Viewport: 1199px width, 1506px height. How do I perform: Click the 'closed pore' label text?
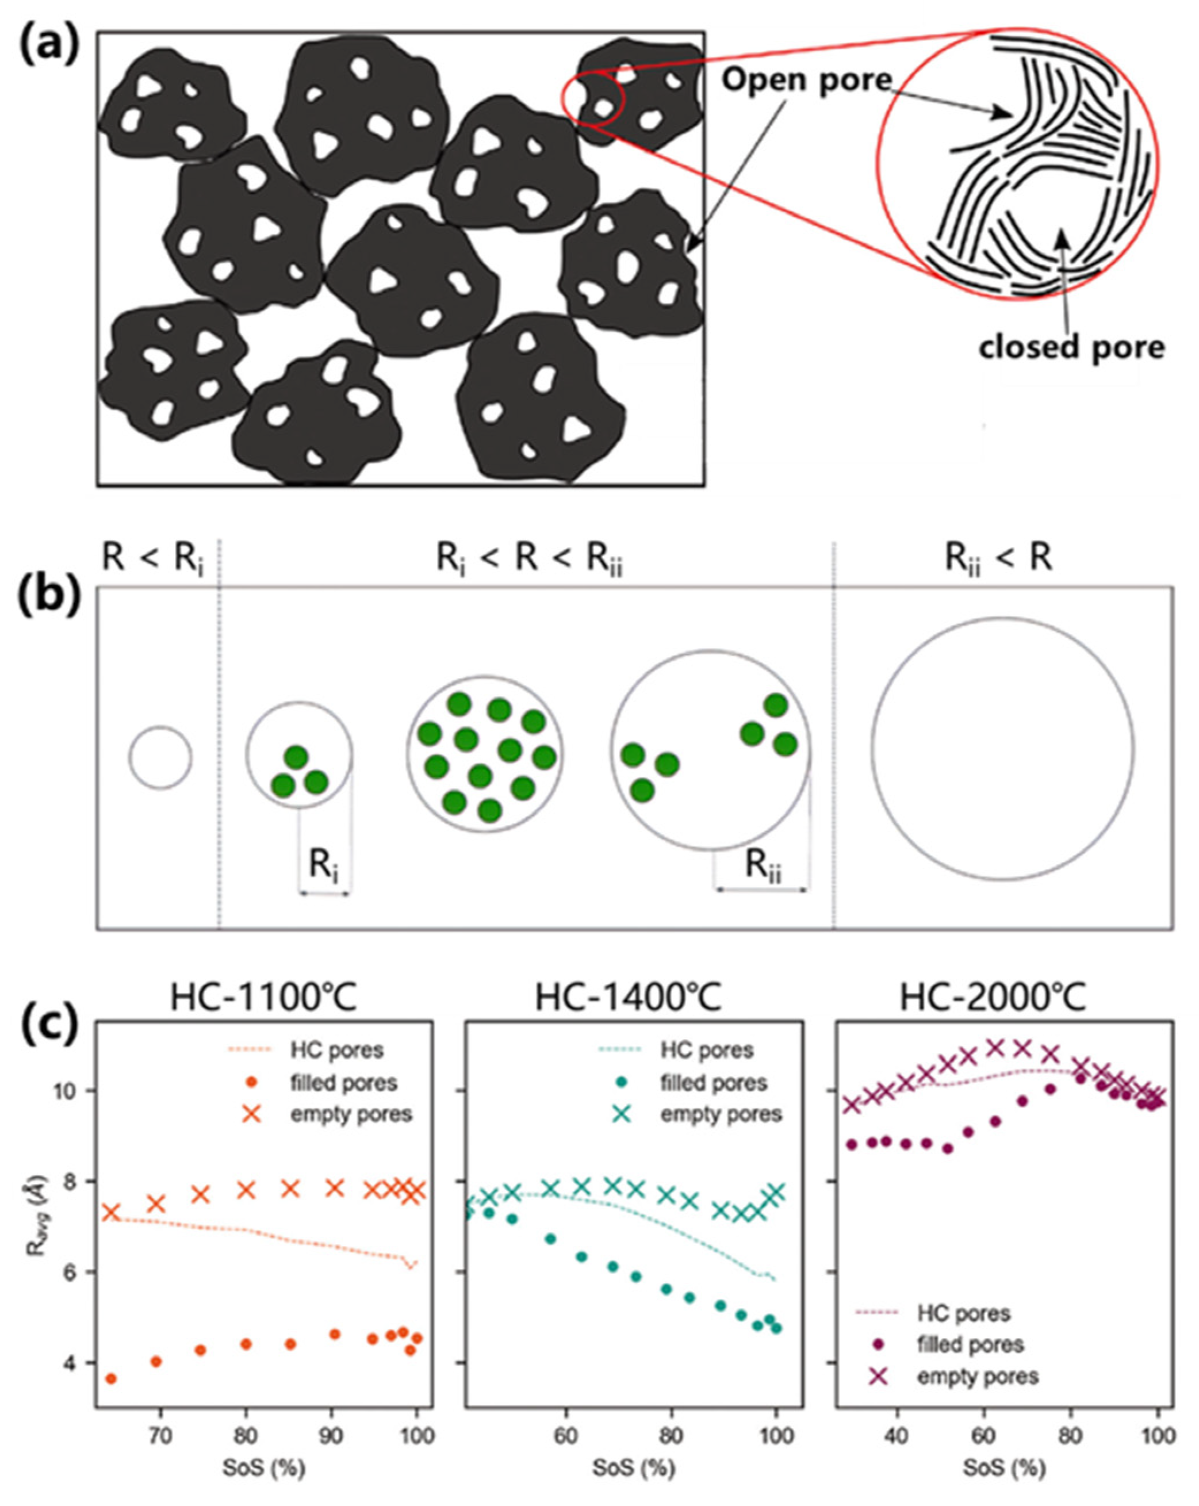point(1071,347)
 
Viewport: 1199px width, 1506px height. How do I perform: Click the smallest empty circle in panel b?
point(160,758)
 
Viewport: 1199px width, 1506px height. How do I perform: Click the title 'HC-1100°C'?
point(263,999)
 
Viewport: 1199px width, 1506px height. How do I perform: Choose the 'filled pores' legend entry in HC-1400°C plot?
point(712,1083)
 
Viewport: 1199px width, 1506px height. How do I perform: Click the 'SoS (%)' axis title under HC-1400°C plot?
point(634,1467)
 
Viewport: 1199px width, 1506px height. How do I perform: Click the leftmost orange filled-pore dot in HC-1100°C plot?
point(110,1379)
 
